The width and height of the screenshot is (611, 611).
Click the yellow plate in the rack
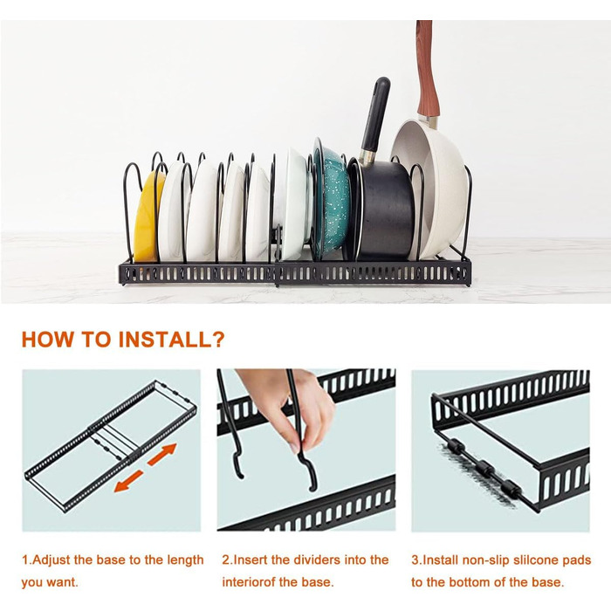146,220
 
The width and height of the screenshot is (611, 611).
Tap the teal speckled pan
331,203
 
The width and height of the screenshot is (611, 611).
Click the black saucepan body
384,210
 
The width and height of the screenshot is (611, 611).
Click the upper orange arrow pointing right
162,455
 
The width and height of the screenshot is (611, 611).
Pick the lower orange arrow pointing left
128,481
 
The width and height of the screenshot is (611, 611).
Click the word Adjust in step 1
51,560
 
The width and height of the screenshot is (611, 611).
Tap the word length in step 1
185,560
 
